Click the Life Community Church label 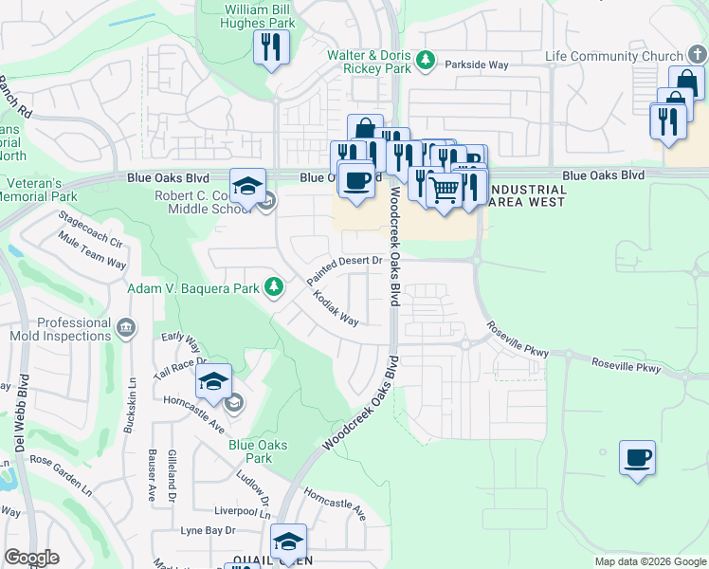[613, 56]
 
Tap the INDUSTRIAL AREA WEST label [525, 196]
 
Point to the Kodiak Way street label [336, 309]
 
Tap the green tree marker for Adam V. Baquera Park [274, 285]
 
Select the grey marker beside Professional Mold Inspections [125, 329]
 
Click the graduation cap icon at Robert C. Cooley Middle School [247, 184]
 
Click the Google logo [31, 558]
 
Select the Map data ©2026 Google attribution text [649, 561]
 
